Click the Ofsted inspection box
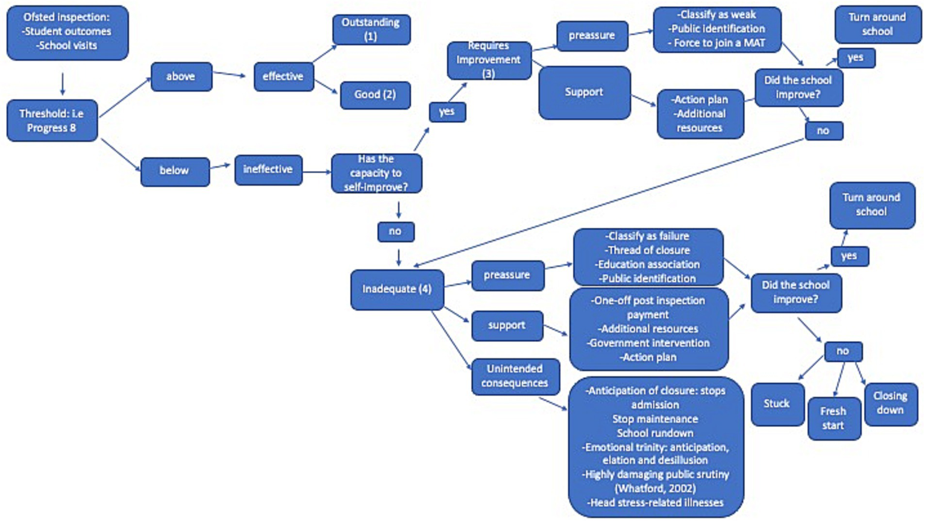click(x=67, y=33)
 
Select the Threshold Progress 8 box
click(x=52, y=121)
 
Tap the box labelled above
click(x=181, y=77)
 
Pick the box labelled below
click(x=174, y=171)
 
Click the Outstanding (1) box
click(x=371, y=30)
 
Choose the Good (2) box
click(x=375, y=95)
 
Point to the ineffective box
click(x=268, y=170)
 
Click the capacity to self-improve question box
click(x=376, y=174)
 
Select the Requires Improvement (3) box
click(x=489, y=60)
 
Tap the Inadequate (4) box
click(x=397, y=289)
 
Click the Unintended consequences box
click(x=515, y=376)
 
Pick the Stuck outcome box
click(x=777, y=404)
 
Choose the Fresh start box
click(x=833, y=418)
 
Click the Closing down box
click(x=890, y=403)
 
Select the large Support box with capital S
click(x=584, y=92)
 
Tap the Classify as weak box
click(x=716, y=30)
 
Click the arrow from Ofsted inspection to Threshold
click(x=63, y=84)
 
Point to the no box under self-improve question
click(x=395, y=231)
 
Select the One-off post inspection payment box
click(x=648, y=329)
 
